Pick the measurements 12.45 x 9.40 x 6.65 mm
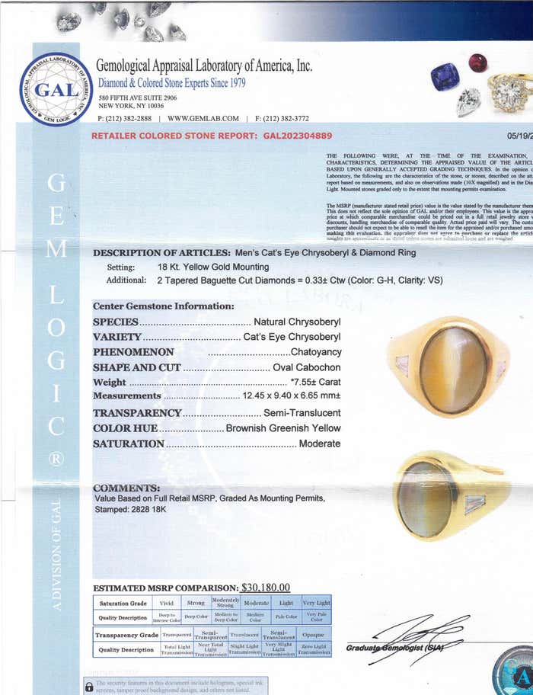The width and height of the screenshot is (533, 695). pos(292,396)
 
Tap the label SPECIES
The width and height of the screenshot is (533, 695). pos(115,322)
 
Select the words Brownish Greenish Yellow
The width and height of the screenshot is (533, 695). pos(283,428)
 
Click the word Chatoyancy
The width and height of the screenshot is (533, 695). pos(316,352)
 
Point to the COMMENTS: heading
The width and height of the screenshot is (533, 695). pos(126,488)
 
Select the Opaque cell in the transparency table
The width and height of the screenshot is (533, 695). pos(313,635)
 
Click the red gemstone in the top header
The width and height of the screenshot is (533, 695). pos(477,62)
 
